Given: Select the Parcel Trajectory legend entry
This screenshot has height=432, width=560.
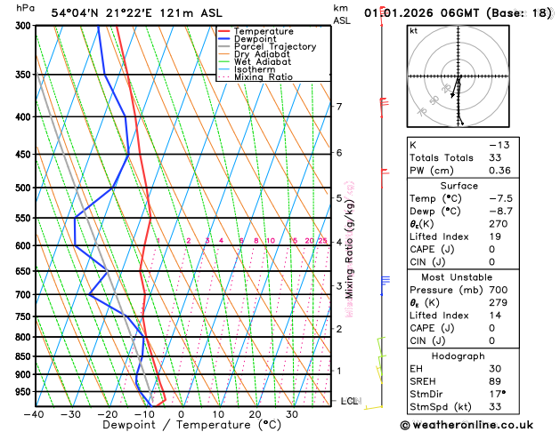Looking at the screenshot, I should (274, 47).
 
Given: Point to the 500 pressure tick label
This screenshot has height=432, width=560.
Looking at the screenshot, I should (21, 188).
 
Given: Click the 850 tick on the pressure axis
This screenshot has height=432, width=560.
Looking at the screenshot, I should (21, 356).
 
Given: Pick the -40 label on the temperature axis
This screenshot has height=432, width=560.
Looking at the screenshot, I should (34, 413).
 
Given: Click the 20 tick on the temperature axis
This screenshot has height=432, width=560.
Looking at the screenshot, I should (255, 413).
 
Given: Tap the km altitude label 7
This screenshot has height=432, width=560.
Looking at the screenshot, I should (338, 108).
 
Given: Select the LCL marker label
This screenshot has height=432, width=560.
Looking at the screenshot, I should (349, 402).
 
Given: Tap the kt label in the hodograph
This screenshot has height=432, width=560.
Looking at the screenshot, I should (414, 31).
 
